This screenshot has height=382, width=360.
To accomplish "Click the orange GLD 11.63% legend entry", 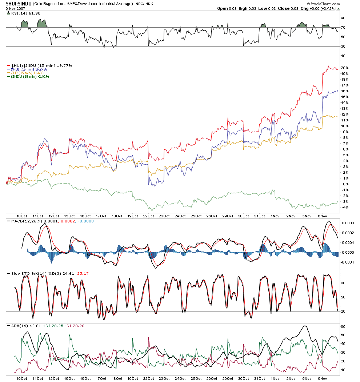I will [x=28, y=73].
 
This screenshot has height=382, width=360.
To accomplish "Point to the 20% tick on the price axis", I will [x=345, y=68].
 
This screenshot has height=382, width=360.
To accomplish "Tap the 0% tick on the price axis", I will [x=345, y=184].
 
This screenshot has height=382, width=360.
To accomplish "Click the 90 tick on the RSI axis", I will [x=343, y=18].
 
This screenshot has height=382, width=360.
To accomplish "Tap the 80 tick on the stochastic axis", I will [x=343, y=283].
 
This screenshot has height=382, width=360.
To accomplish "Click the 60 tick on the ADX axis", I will [x=343, y=326].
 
